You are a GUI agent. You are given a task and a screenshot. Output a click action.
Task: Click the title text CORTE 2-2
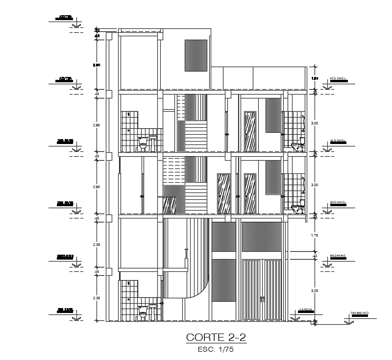[216, 338]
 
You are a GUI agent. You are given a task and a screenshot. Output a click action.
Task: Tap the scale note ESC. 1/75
[216, 350]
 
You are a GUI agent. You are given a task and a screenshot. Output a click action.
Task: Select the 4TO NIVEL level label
[338, 78]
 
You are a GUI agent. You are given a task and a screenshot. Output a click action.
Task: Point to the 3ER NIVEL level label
[338, 140]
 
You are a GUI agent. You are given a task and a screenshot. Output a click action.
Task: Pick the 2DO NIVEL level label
[338, 202]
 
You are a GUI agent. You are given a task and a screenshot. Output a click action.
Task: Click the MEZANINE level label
[338, 255]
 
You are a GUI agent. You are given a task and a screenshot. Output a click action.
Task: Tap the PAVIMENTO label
[359, 312]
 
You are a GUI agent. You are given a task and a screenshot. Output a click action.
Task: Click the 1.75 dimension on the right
[315, 236]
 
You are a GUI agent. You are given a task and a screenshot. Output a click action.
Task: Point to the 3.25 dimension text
[315, 290]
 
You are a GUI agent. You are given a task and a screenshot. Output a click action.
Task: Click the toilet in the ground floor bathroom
[143, 315]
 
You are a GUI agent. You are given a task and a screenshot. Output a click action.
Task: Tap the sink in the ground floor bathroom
[152, 311]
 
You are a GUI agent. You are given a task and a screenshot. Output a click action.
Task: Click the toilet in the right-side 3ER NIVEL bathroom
[297, 146]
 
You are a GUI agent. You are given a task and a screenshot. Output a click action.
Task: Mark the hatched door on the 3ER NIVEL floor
[250, 131]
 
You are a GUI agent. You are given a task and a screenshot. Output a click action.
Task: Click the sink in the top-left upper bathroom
[153, 141]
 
